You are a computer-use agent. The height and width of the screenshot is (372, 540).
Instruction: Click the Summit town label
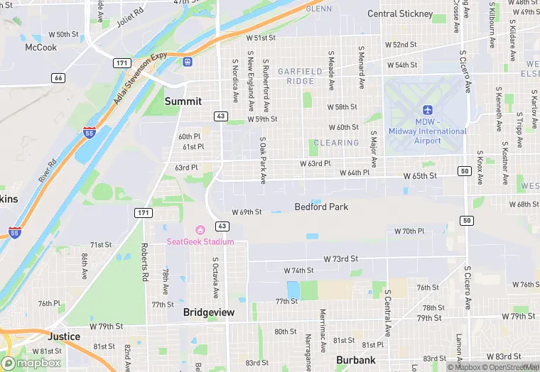pyautogui.click(x=183, y=102)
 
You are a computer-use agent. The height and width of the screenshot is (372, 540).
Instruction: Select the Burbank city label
pyautogui.click(x=355, y=360)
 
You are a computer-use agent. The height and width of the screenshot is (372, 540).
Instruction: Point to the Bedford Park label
pyautogui.click(x=322, y=207)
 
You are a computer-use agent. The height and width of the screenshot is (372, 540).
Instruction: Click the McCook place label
pyautogui.click(x=40, y=48)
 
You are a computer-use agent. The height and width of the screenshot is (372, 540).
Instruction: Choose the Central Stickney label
pyautogui.click(x=400, y=13)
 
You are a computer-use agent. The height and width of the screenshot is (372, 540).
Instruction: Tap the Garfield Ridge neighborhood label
pyautogui.click(x=305, y=77)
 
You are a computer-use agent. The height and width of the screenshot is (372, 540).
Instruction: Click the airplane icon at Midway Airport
pyautogui.click(x=427, y=109)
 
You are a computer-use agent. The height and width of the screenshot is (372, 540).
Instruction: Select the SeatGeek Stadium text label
pyautogui.click(x=200, y=241)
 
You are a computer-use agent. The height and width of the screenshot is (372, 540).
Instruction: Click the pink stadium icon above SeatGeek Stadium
pyautogui.click(x=200, y=229)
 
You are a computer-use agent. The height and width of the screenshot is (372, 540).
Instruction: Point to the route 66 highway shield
pyautogui.click(x=58, y=77)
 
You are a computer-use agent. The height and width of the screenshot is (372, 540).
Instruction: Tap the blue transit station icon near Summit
pyautogui.click(x=188, y=62)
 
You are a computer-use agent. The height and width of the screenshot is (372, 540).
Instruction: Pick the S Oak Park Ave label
pyautogui.click(x=262, y=160)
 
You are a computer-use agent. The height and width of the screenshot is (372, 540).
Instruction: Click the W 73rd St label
pyautogui.click(x=341, y=259)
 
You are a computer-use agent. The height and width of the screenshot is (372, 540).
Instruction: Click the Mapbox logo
pyautogui.click(x=33, y=363)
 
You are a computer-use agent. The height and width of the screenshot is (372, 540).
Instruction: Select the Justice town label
pyautogui.click(x=64, y=337)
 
